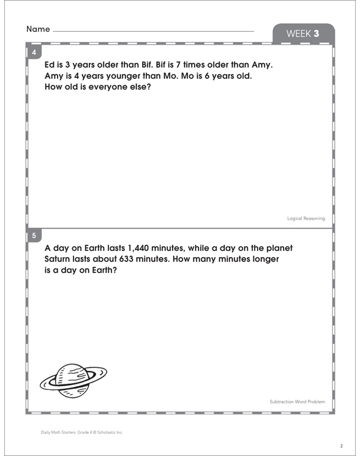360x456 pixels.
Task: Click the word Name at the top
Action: tap(38, 29)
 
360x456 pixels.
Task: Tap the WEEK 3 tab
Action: tap(302, 34)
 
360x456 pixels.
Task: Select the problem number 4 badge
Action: tap(34, 53)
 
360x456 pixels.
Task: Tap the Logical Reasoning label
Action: tap(306, 219)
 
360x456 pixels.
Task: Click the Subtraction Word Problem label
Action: tap(297, 402)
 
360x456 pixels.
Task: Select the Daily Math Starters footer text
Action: tap(82, 432)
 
